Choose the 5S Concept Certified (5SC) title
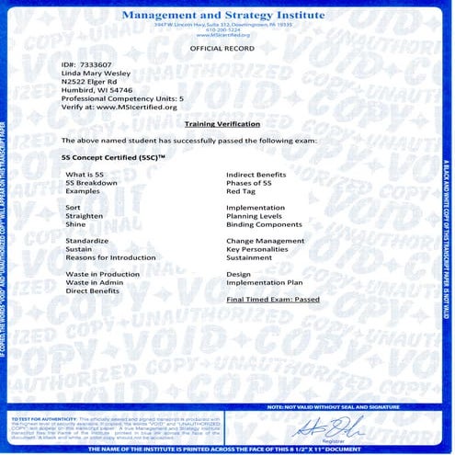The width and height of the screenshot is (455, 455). [112, 158]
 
